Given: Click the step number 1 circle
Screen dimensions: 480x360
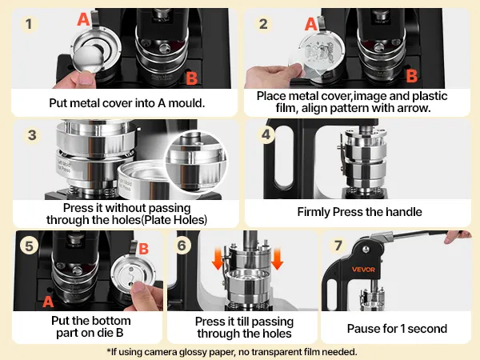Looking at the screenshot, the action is (29, 24).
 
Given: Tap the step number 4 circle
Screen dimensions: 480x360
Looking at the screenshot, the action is (266, 134).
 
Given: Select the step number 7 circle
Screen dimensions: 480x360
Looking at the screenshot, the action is (338, 246).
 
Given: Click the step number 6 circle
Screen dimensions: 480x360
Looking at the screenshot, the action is (182, 246).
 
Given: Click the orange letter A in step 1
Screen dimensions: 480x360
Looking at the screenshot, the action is (83, 19).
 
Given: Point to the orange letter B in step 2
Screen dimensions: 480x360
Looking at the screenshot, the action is (412, 76).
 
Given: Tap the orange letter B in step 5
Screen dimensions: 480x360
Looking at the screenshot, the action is (143, 249).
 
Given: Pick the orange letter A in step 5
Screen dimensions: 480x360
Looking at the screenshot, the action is (48, 302).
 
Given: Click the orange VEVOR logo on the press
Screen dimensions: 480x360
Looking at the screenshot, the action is (363, 270).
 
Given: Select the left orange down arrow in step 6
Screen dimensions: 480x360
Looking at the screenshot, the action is (218, 259).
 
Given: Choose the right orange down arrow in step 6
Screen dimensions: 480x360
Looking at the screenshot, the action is (277, 259).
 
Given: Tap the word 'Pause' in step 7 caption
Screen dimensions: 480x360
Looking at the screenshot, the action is (362, 329).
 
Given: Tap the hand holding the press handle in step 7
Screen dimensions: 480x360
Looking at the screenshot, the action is (458, 236).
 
